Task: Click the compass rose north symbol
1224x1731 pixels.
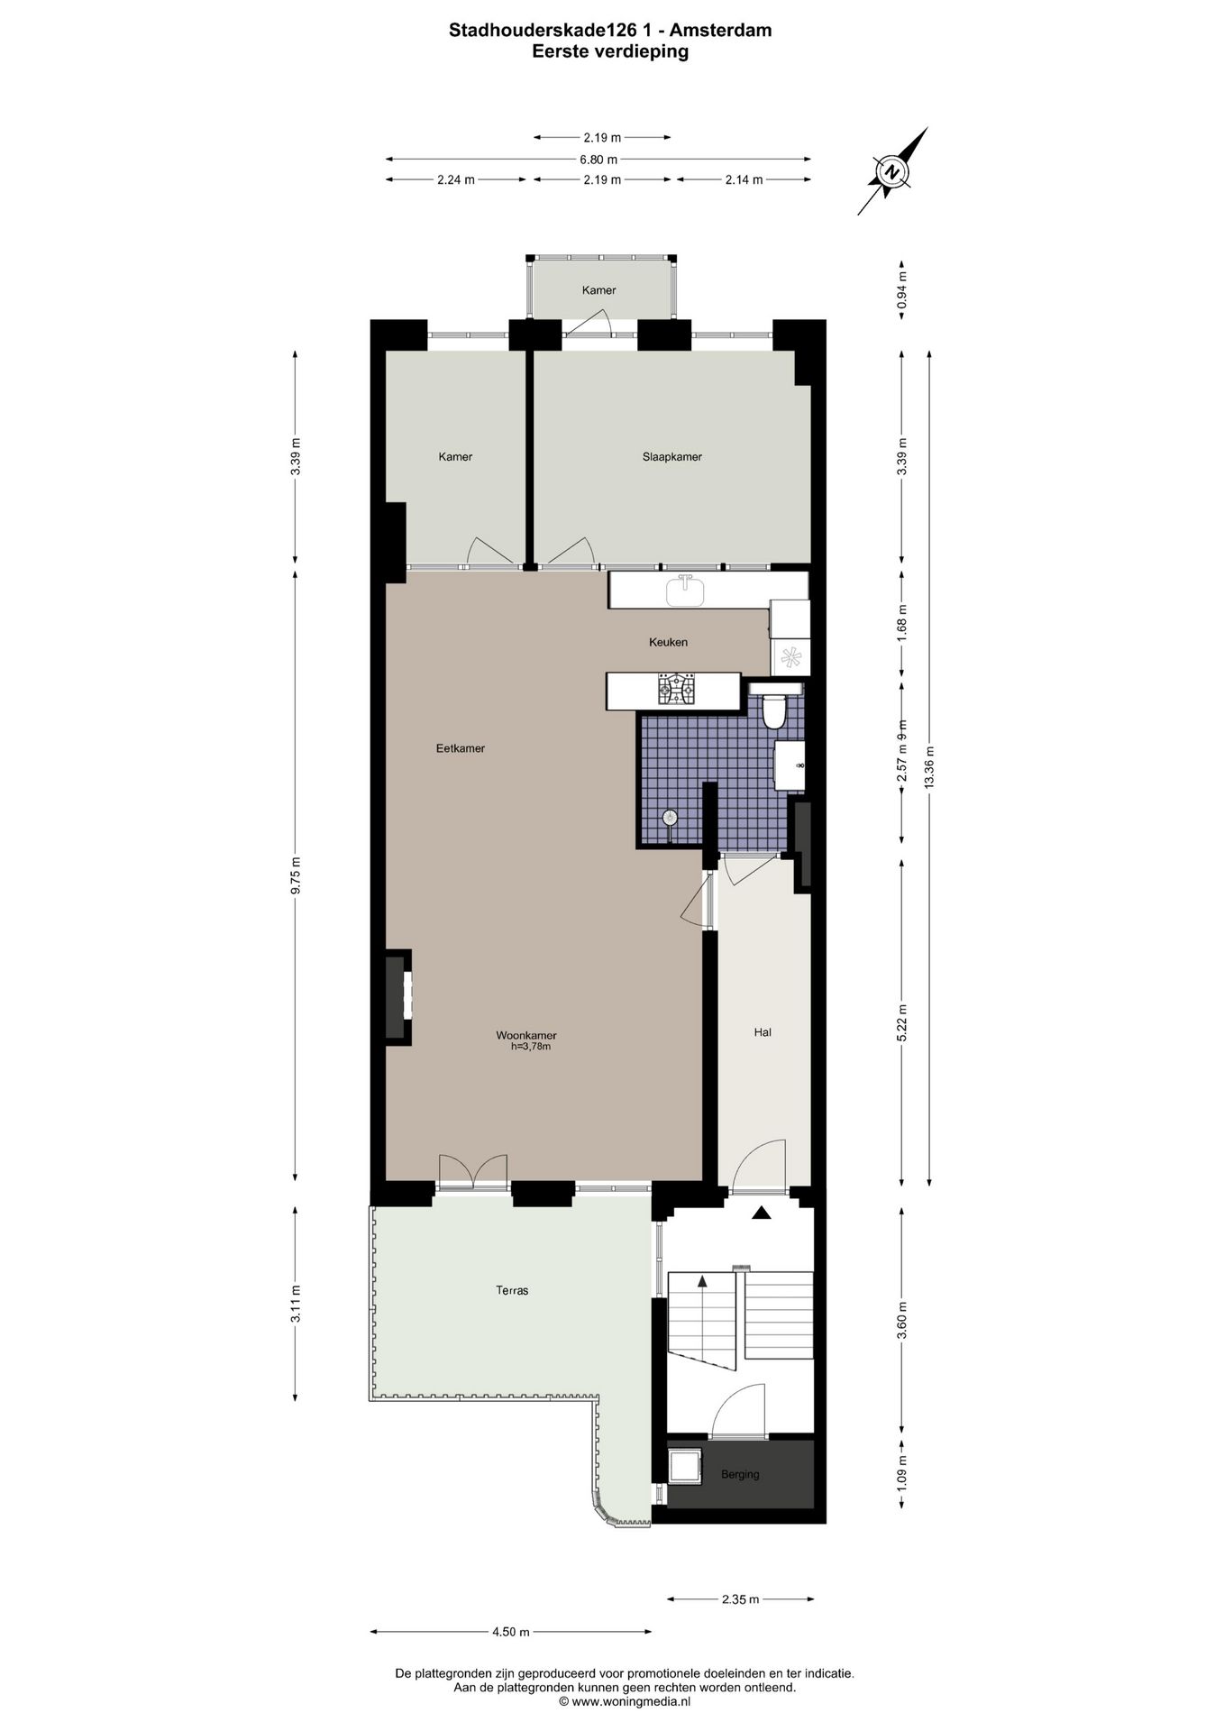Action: [891, 171]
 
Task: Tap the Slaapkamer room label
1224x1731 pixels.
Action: [671, 457]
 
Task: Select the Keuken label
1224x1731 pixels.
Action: [668, 643]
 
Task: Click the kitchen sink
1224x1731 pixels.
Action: [687, 591]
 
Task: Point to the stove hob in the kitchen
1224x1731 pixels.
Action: [677, 691]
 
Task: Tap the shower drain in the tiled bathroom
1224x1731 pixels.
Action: [671, 818]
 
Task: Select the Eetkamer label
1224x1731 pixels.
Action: [460, 748]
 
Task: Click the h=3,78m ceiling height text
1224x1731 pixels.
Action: [530, 1047]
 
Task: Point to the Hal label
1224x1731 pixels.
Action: [763, 1032]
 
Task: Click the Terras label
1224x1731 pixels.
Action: [512, 1290]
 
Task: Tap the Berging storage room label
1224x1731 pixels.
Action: [740, 1474]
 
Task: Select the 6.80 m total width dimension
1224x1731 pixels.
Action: [598, 160]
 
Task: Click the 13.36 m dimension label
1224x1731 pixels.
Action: [929, 768]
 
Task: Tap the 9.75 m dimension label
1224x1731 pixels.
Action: [296, 875]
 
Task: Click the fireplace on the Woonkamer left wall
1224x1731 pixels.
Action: [397, 996]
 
